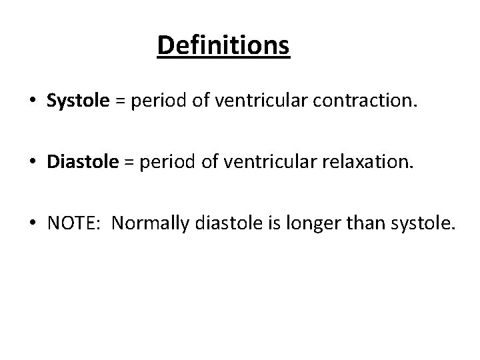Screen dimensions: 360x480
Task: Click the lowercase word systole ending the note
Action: coord(418,227)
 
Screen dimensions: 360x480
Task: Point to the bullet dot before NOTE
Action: coord(32,228)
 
